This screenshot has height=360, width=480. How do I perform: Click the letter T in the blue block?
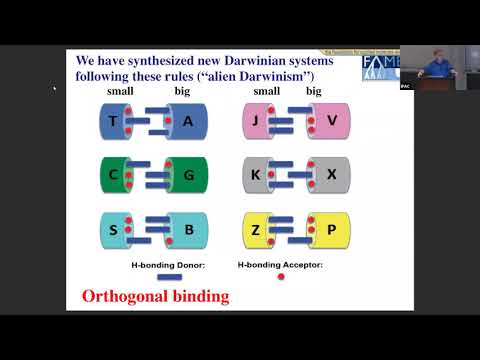pyautogui.click(x=112, y=122)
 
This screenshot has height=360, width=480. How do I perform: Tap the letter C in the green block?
pyautogui.click(x=112, y=175)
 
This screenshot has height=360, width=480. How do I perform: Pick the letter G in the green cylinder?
pyautogui.click(x=190, y=175)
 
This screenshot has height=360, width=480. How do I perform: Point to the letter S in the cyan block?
pyautogui.click(x=112, y=231)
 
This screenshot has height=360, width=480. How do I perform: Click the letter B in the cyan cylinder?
pyautogui.click(x=190, y=231)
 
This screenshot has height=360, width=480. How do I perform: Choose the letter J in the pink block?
pyautogui.click(x=256, y=122)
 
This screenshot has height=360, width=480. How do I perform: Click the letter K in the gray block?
pyautogui.click(x=256, y=175)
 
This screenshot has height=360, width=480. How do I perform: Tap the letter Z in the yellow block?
pyautogui.click(x=256, y=231)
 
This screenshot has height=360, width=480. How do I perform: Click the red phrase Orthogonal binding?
pyautogui.click(x=155, y=296)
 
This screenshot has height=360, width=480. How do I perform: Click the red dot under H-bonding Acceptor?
pyautogui.click(x=280, y=278)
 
